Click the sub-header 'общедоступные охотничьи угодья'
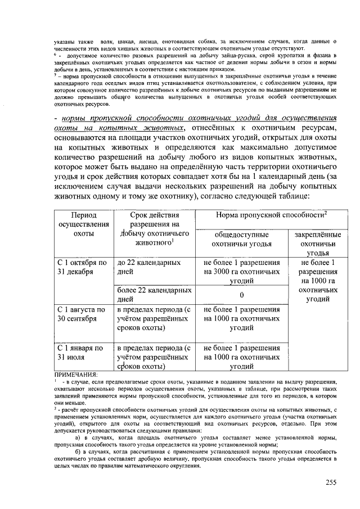tap(241, 239)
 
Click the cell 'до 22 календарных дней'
tap(148, 267)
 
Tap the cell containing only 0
tap(241, 295)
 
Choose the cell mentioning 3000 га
tap(241, 272)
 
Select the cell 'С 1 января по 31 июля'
tap(80, 353)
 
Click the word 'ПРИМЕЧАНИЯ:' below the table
tap(75, 375)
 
